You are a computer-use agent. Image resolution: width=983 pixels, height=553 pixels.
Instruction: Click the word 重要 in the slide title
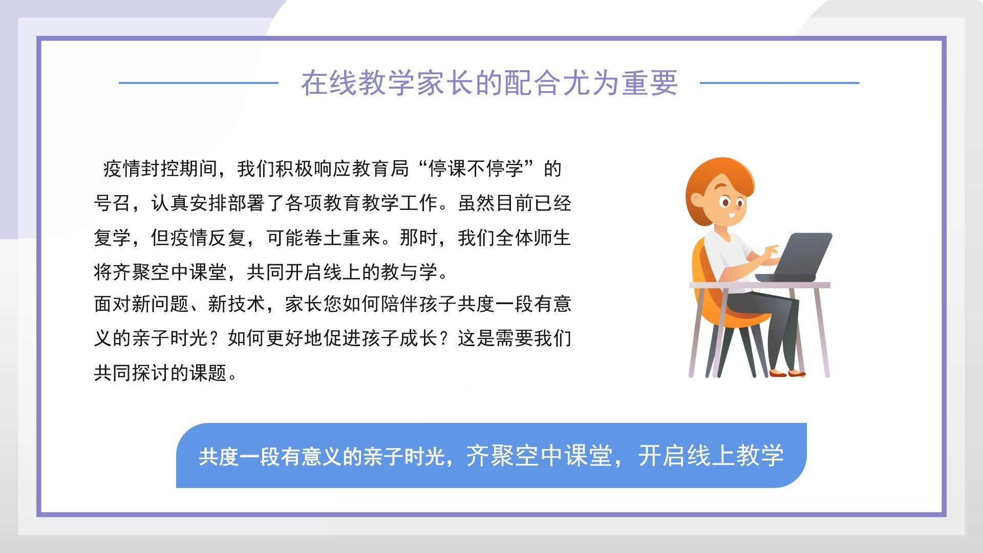pyautogui.click(x=650, y=82)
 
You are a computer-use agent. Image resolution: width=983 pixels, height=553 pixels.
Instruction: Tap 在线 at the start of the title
pyautogui.click(x=329, y=82)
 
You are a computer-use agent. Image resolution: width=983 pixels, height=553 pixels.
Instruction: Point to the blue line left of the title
pyautogui.click(x=198, y=82)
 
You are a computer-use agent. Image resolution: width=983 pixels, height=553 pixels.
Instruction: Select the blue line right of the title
pyautogui.click(x=779, y=82)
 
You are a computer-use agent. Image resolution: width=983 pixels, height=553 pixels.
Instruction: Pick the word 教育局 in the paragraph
pyautogui.click(x=380, y=168)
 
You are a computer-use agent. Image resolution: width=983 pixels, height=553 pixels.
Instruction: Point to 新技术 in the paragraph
pyautogui.click(x=237, y=304)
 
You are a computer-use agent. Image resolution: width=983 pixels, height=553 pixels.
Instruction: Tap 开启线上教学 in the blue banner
pyautogui.click(x=711, y=455)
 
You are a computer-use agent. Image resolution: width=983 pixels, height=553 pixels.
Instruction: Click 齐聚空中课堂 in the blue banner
pyautogui.click(x=539, y=455)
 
